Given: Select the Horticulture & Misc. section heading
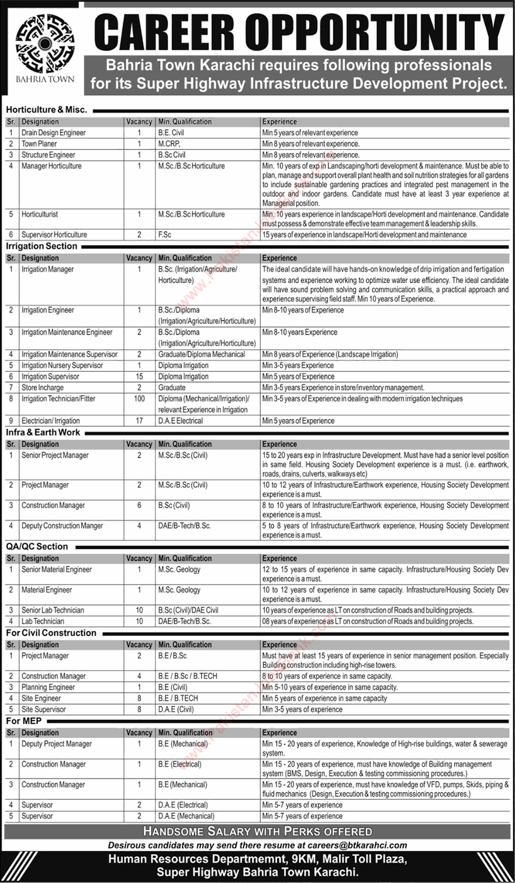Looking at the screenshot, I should tap(47, 109).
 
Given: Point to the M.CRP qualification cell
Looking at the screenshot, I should tap(169, 144).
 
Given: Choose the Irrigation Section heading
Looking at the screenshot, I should tap(42, 246).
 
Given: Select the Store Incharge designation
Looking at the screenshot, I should tap(42, 388).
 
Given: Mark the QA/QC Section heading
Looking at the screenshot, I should tap(37, 546).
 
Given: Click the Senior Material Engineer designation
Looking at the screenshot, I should tap(57, 569).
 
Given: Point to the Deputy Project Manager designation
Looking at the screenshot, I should tap(57, 744).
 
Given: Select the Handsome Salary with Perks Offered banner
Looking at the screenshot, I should tap(257, 831).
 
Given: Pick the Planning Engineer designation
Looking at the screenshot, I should tap(48, 687).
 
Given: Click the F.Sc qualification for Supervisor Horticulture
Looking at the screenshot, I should tap(166, 234).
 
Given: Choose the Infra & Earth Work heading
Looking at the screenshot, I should tap(43, 432).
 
